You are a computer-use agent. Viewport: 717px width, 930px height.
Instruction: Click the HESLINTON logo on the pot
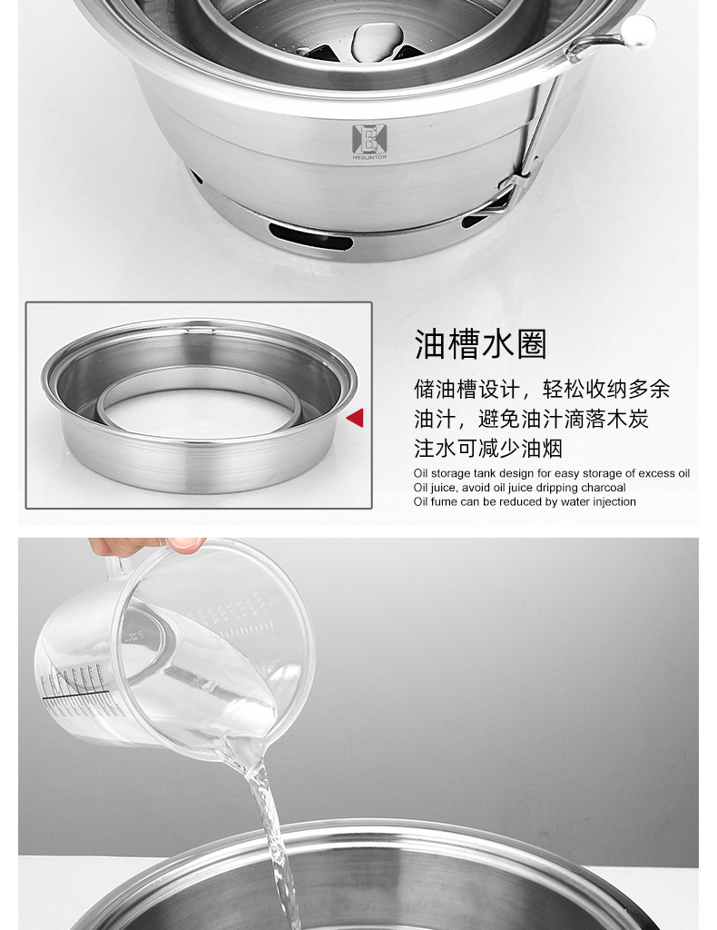point(368,142)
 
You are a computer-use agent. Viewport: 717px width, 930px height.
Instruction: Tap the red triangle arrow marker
point(355,418)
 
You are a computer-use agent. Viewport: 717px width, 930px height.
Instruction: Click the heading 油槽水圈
point(480,344)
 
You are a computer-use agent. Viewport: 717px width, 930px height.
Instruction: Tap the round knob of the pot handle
point(638,29)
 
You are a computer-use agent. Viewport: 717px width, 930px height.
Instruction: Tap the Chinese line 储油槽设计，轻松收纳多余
point(542,389)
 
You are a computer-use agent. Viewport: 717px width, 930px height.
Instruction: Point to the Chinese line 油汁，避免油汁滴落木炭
point(531,419)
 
